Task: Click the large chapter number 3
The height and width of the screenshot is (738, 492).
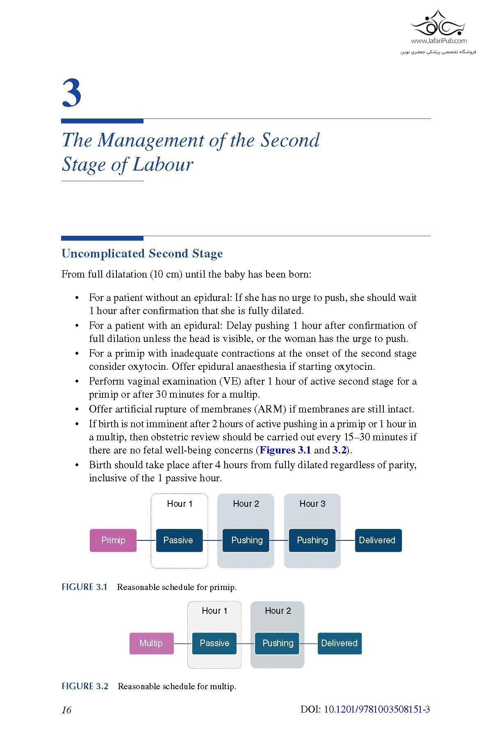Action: [x=72, y=93]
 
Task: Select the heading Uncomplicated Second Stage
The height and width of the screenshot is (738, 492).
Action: [x=142, y=253]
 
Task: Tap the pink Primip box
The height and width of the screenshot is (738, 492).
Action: [x=113, y=540]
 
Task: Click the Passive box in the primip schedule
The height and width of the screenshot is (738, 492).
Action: [x=179, y=540]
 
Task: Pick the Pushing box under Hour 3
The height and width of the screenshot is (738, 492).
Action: [x=312, y=540]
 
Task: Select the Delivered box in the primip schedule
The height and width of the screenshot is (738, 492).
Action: [x=378, y=540]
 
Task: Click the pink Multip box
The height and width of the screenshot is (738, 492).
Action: [x=151, y=643]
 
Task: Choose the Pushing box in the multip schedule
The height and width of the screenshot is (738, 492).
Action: [x=278, y=643]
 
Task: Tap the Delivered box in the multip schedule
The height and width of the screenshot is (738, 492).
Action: [x=339, y=643]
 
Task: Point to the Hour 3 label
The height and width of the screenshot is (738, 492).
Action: [x=312, y=503]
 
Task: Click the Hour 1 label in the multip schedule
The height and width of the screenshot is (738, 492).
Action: [x=214, y=610]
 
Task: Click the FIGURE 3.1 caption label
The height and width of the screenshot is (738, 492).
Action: [x=84, y=587]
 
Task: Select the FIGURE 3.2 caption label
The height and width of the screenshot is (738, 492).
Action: [x=85, y=686]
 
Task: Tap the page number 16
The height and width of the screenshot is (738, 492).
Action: [x=66, y=710]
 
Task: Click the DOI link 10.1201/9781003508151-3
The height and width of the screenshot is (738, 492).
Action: [x=377, y=709]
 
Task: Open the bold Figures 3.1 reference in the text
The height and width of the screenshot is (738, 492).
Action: [x=285, y=450]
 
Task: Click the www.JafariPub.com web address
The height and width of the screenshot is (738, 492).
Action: [x=439, y=41]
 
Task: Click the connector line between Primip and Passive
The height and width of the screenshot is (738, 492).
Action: [x=146, y=540]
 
